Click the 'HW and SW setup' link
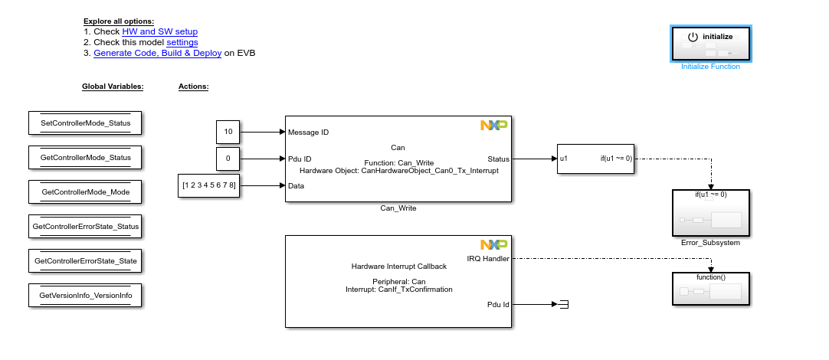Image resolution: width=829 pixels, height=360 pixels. pyautogui.click(x=159, y=31)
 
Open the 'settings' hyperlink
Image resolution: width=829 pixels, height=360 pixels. pyautogui.click(x=182, y=42)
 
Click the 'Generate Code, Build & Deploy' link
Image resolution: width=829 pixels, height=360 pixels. pyautogui.click(x=157, y=53)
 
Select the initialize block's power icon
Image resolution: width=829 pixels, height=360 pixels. pyautogui.click(x=693, y=37)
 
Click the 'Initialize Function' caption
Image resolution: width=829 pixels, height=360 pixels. pyautogui.click(x=710, y=67)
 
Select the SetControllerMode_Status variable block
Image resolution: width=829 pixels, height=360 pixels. pyautogui.click(x=85, y=123)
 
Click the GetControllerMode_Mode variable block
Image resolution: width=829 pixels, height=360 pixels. pyautogui.click(x=85, y=191)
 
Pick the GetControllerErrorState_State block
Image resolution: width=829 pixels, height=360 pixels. pyautogui.click(x=85, y=261)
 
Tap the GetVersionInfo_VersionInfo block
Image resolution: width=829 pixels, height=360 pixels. pyautogui.click(x=85, y=295)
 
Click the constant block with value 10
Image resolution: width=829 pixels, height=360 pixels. pyautogui.click(x=228, y=132)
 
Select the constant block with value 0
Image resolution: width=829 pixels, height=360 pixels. pyautogui.click(x=228, y=159)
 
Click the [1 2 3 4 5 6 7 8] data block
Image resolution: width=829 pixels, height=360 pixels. pyautogui.click(x=209, y=185)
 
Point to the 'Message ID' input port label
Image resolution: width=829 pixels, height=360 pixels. pyautogui.click(x=308, y=132)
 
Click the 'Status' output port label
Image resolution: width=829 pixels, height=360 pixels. pyautogui.click(x=497, y=159)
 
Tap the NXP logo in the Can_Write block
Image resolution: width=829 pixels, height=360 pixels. pyautogui.click(x=493, y=125)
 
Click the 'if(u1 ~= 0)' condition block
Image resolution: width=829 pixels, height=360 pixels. pyautogui.click(x=596, y=159)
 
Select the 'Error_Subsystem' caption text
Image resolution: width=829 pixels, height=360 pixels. pyautogui.click(x=710, y=242)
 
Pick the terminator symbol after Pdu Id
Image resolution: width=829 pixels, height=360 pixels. pyautogui.click(x=563, y=305)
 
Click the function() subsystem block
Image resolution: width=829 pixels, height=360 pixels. pyautogui.click(x=710, y=289)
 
